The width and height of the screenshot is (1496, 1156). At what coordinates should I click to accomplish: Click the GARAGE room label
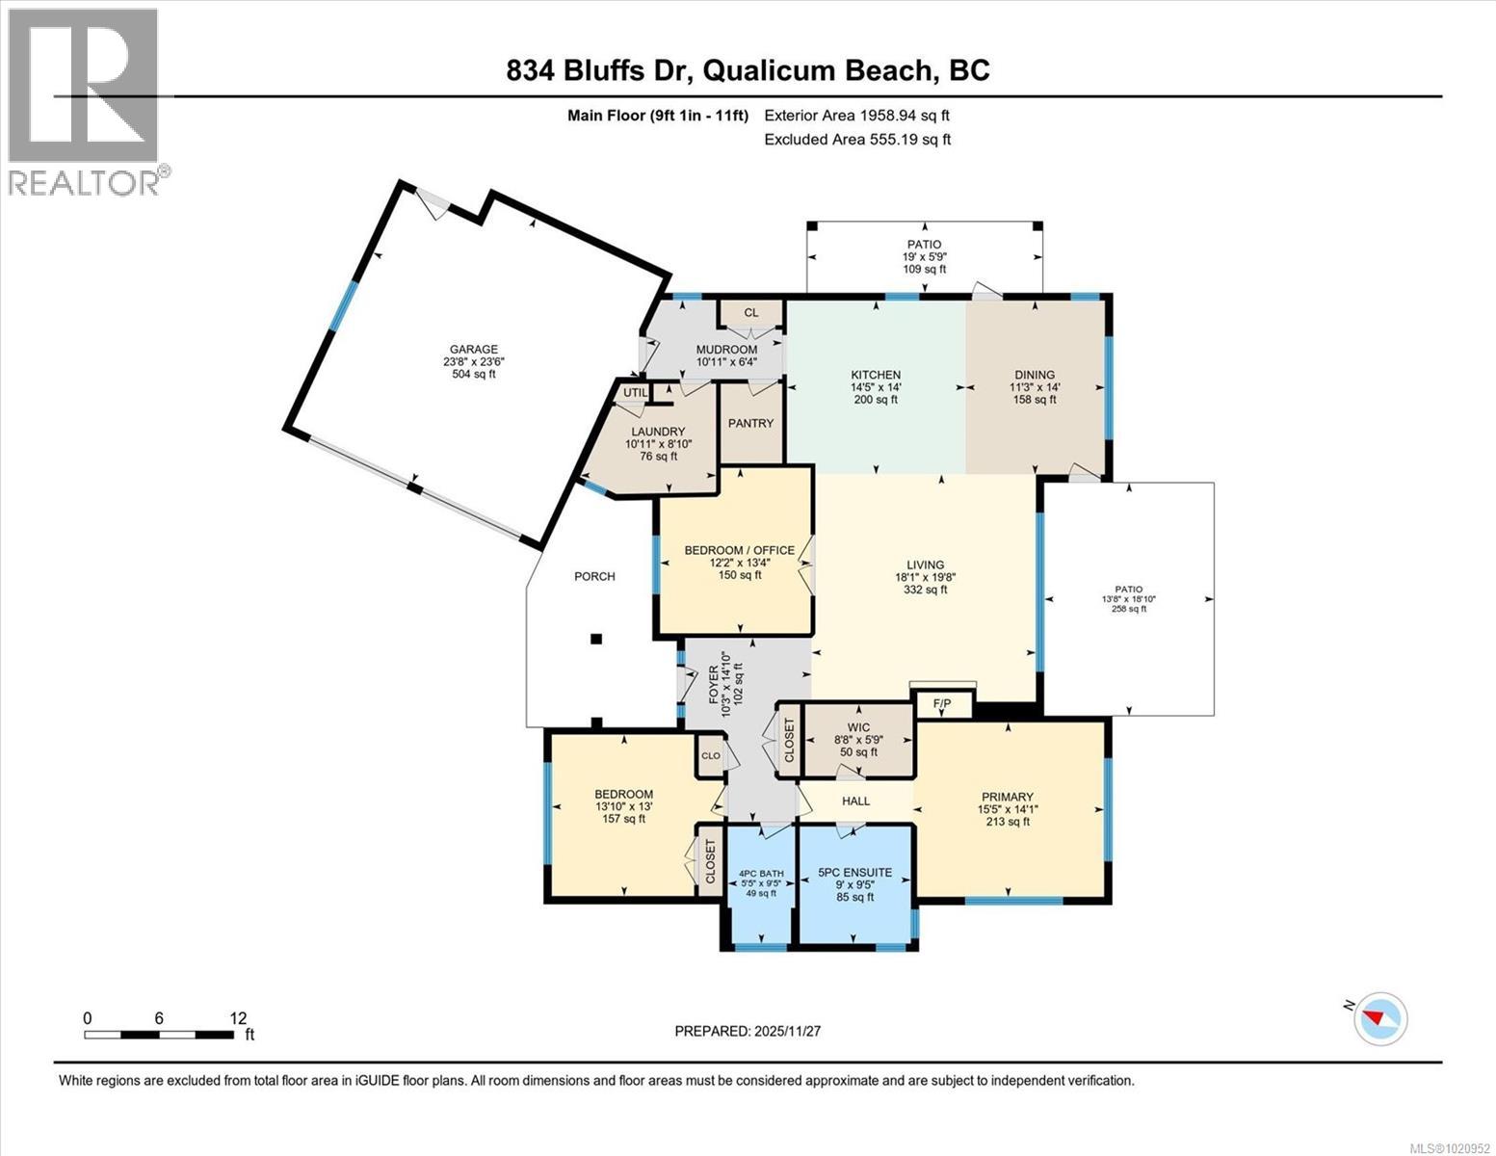tap(473, 350)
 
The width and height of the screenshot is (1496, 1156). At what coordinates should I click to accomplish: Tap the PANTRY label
tap(750, 423)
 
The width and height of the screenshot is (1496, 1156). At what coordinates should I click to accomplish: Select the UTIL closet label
tap(635, 392)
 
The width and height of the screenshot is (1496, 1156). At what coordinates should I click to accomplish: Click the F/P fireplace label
tap(941, 705)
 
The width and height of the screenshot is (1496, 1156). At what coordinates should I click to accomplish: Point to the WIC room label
tap(858, 727)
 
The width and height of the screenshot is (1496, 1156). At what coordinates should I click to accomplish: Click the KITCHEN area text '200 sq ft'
tap(875, 400)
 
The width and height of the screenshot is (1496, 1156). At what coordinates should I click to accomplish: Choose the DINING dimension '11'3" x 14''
tap(1035, 387)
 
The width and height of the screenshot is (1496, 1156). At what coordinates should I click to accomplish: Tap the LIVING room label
tap(925, 565)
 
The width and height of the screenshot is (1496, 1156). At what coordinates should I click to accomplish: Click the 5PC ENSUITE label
tap(854, 873)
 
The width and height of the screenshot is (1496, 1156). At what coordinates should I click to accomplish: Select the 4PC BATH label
tap(761, 875)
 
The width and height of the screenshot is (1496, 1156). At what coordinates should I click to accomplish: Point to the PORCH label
tap(594, 576)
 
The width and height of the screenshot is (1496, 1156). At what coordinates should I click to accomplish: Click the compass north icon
tap(1379, 1018)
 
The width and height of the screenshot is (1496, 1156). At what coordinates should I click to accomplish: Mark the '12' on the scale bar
tap(238, 1017)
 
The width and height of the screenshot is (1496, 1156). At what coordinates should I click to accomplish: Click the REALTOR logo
tap(85, 101)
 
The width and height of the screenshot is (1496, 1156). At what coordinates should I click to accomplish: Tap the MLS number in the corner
tap(1450, 1147)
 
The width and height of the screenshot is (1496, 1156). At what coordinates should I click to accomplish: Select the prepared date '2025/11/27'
tap(786, 1031)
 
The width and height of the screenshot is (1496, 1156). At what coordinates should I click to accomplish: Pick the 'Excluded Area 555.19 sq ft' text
tap(856, 139)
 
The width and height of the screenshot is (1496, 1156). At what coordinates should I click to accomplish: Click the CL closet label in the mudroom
tap(751, 312)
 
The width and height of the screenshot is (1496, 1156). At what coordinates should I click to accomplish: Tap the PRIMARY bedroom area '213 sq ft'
tap(1007, 822)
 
